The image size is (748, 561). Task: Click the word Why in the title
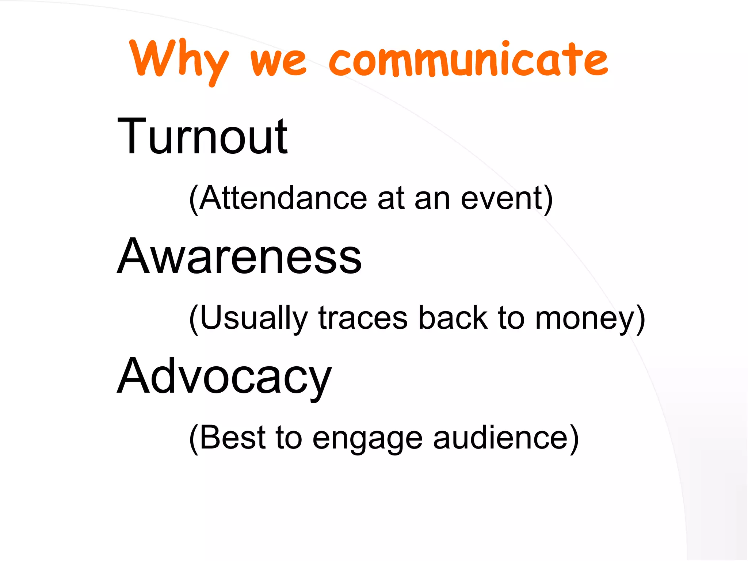[179, 60]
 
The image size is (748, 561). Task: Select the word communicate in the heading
[468, 60]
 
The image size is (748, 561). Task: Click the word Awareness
[239, 256]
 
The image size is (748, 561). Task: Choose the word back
[453, 318]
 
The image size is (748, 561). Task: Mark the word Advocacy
[224, 376]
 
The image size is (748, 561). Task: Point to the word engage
[367, 438]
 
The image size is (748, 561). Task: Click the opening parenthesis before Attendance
[194, 199]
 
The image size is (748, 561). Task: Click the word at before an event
[391, 199]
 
